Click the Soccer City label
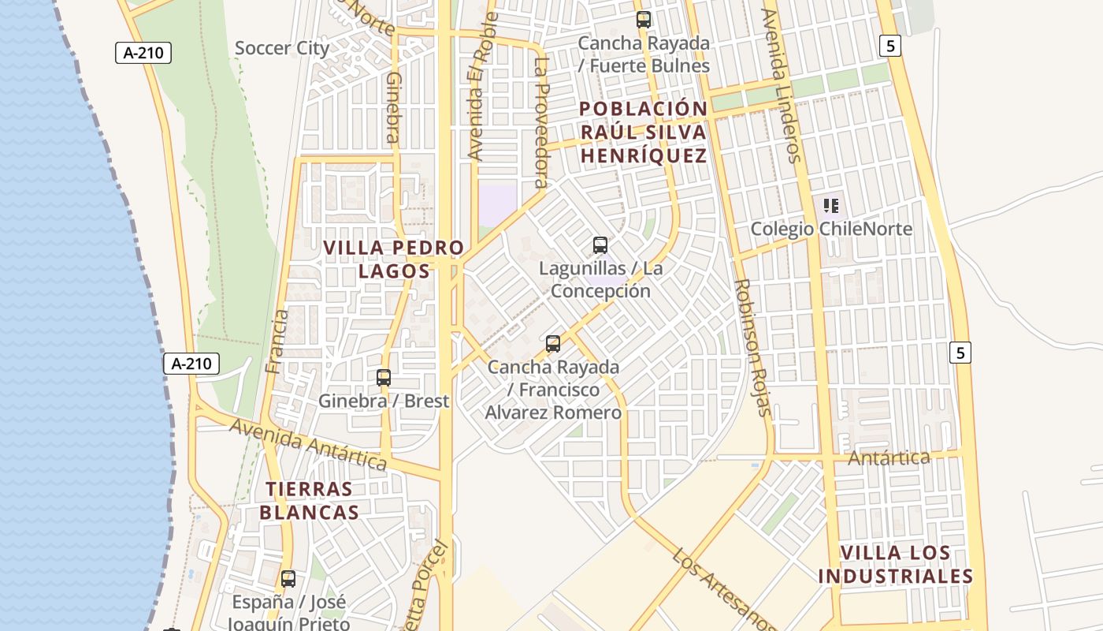tap(282, 48)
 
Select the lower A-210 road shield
tap(191, 364)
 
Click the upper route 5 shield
tap(890, 46)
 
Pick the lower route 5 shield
tap(960, 353)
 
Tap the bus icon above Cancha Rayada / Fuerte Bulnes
tap(644, 20)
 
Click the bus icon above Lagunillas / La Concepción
tap(600, 245)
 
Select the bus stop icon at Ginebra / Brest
tap(384, 378)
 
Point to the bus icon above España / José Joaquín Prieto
tap(288, 579)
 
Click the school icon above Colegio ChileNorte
tap(831, 207)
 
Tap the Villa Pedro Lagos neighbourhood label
tap(394, 259)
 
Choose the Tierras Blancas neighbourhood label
tap(310, 501)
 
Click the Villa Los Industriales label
tap(895, 565)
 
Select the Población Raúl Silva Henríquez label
tap(644, 132)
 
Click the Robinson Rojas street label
tap(752, 347)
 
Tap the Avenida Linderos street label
tap(782, 85)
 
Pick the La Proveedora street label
tap(540, 122)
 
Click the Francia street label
tap(277, 341)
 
